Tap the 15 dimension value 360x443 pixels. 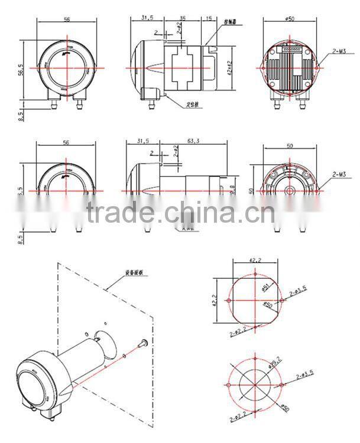209,19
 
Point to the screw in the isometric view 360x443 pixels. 142,342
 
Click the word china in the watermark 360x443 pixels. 200,211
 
